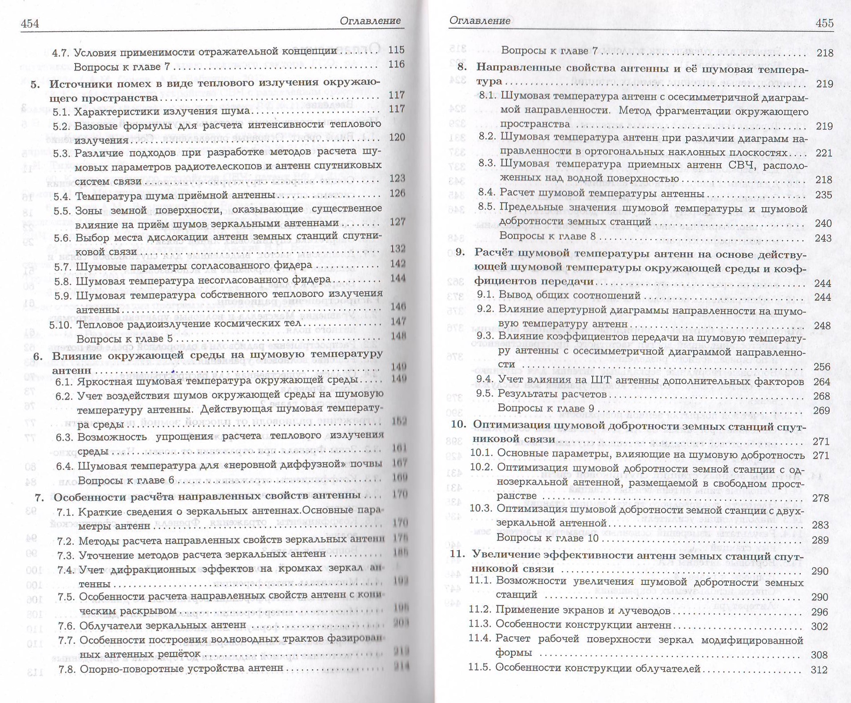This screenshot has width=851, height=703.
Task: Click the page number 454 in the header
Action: pyautogui.click(x=30, y=24)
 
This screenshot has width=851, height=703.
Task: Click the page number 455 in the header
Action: pyautogui.click(x=824, y=23)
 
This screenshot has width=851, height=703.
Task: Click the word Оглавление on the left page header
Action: pyautogui.click(x=370, y=20)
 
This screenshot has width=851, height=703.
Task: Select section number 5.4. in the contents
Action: pyautogui.click(x=63, y=196)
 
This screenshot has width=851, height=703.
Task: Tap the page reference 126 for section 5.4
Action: pyautogui.click(x=397, y=193)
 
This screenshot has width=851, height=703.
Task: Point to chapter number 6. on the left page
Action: pyautogui.click(x=38, y=356)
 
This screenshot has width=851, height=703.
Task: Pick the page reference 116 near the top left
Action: pyautogui.click(x=396, y=64)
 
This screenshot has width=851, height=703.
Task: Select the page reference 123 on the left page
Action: pyautogui.click(x=397, y=178)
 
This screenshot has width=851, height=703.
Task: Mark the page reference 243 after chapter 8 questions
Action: pyautogui.click(x=823, y=238)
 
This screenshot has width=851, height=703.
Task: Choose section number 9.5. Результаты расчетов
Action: pyautogui.click(x=485, y=393)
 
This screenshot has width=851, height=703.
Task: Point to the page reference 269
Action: pyautogui.click(x=821, y=410)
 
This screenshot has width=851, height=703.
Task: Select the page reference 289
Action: pyautogui.click(x=820, y=540)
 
